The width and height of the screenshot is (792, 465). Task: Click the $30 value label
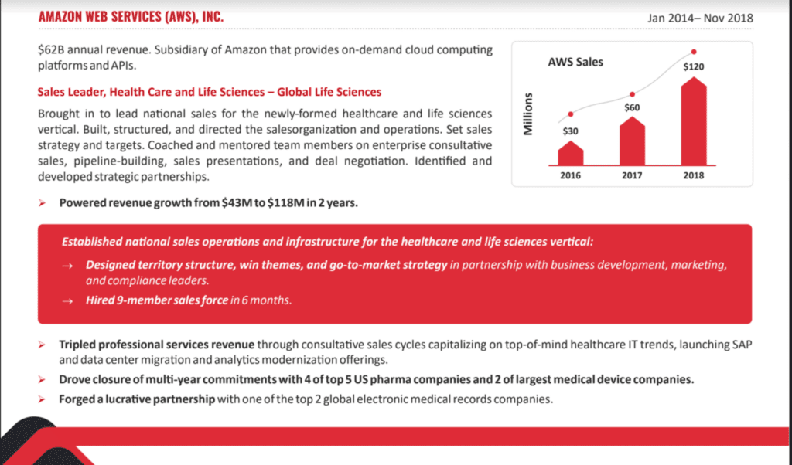[570, 131]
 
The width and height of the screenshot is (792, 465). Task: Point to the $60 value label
[632, 107]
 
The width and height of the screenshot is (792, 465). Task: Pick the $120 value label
[694, 66]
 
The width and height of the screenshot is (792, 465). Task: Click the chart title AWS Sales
[575, 62]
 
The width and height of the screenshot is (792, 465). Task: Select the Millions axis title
[527, 114]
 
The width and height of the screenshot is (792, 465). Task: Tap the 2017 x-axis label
[632, 175]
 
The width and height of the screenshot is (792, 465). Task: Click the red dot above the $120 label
[694, 52]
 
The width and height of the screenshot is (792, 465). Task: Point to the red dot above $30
[571, 114]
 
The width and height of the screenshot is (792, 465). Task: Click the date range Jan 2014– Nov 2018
[700, 19]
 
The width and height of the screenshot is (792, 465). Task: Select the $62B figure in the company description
[51, 50]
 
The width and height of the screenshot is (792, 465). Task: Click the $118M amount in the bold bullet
[286, 202]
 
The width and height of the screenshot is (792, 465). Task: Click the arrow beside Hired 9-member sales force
[68, 301]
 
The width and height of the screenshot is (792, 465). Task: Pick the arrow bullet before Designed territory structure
[68, 266]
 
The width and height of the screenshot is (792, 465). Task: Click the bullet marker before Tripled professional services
[42, 345]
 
